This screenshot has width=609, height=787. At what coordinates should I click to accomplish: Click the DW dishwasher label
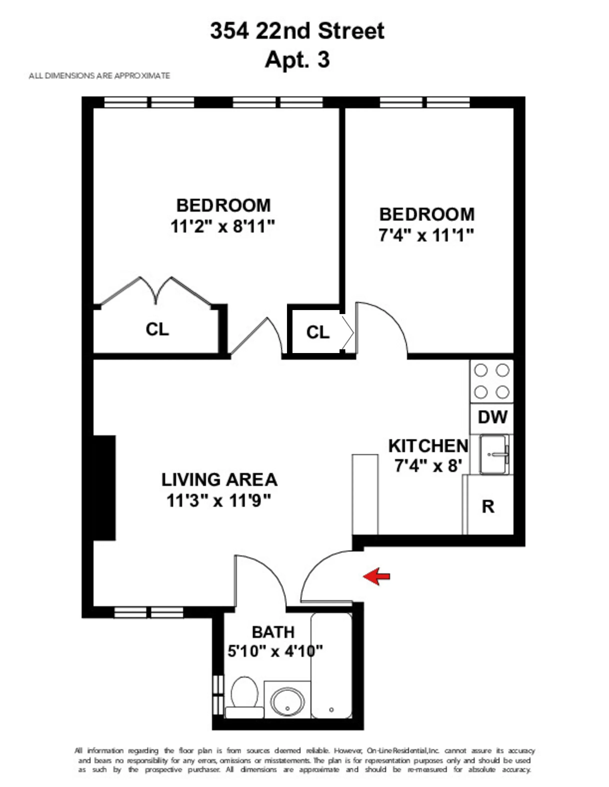(x=492, y=417)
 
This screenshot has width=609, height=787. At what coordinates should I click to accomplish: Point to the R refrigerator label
(x=488, y=507)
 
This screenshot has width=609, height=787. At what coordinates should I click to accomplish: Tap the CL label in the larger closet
(x=157, y=329)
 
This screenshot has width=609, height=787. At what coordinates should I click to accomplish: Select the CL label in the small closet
(x=318, y=332)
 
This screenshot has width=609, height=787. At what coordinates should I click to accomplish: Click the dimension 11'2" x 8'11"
(x=223, y=227)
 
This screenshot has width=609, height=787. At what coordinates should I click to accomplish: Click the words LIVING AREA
(x=219, y=480)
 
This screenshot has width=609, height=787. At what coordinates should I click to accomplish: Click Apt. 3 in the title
(x=297, y=59)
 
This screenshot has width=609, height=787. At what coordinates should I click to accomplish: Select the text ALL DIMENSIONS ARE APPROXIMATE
(x=99, y=76)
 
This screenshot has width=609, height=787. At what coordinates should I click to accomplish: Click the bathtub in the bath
(x=331, y=667)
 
